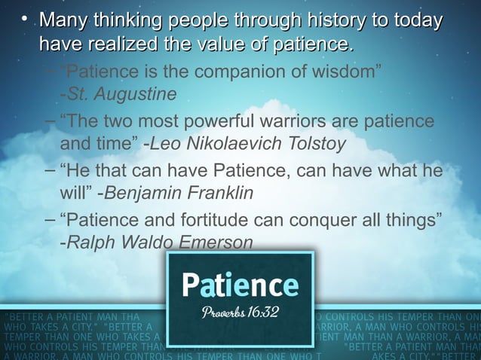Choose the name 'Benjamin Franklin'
tap(179, 192)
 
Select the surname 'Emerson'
tap(213, 242)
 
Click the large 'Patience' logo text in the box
tap(240, 285)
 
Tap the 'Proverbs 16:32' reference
tap(240, 312)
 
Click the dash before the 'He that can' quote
tap(49, 170)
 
